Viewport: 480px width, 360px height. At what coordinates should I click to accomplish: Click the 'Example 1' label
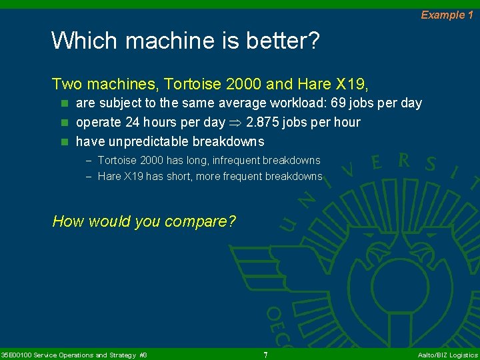[x=447, y=15]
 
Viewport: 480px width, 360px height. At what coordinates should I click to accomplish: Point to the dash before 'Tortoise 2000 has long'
[x=89, y=160]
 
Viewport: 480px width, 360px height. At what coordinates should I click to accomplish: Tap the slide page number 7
[x=265, y=355]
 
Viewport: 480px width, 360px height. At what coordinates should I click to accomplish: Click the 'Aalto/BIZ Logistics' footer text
[x=447, y=355]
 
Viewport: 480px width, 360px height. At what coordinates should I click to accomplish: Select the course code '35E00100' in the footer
[x=15, y=355]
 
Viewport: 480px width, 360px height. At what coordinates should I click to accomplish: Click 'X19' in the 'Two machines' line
[x=352, y=84]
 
